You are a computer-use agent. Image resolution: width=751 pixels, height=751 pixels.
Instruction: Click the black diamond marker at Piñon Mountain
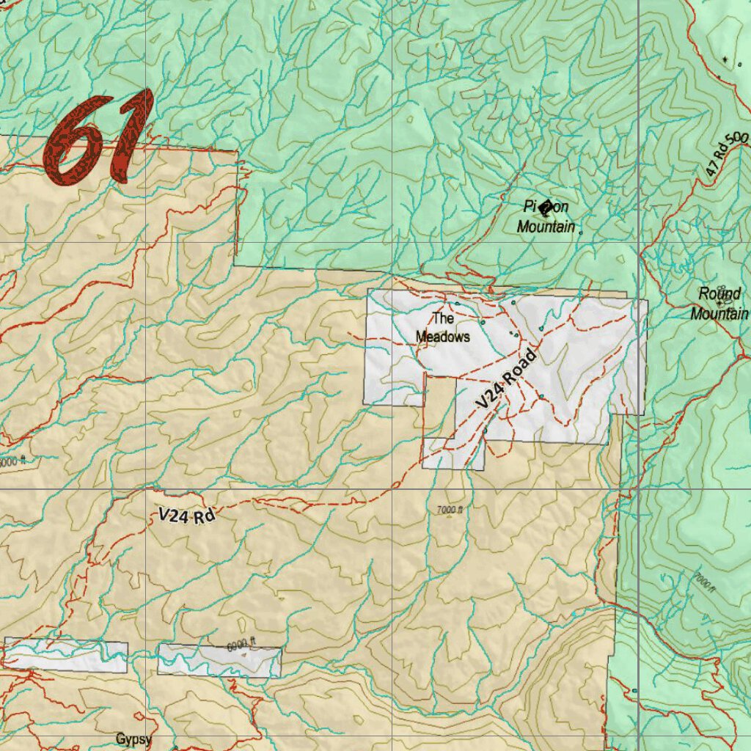tap(544, 208)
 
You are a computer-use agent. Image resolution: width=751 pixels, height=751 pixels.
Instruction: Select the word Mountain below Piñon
tap(546, 227)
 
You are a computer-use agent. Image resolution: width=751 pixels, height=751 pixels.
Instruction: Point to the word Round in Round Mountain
tap(719, 295)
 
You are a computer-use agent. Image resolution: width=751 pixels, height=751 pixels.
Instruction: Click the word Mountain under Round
tap(719, 315)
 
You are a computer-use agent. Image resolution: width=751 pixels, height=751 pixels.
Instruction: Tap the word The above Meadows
tap(443, 319)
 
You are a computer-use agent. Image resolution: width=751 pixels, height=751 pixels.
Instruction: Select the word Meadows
tap(443, 337)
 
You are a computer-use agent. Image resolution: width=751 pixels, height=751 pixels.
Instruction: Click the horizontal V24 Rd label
tap(186, 516)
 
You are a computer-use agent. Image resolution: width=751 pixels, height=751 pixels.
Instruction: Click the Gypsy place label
tap(133, 739)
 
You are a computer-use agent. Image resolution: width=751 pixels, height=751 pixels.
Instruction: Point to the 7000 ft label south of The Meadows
tap(450, 510)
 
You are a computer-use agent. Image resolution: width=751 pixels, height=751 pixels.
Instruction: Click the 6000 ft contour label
tap(241, 645)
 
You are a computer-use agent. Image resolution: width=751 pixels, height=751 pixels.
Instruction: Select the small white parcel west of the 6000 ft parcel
tap(66, 655)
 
